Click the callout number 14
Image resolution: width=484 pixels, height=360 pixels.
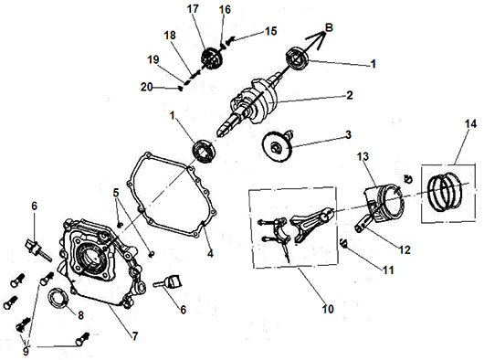click(x=470, y=124)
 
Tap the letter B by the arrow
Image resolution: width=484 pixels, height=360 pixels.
click(x=330, y=27)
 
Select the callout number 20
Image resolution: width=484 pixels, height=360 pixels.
click(x=147, y=88)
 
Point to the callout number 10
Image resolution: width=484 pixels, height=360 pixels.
click(x=328, y=309)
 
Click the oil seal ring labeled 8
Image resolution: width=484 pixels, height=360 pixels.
click(x=58, y=298)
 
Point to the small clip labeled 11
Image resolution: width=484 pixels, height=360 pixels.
click(x=343, y=243)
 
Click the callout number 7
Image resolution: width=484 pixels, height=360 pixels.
click(x=135, y=336)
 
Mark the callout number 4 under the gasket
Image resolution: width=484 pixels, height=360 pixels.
click(x=210, y=253)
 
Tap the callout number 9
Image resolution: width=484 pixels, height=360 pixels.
click(x=26, y=351)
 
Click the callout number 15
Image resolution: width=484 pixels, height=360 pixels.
click(x=271, y=31)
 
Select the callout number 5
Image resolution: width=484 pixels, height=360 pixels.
click(x=116, y=193)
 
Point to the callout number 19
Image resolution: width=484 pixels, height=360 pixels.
click(x=153, y=59)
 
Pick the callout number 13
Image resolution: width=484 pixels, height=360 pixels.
click(x=363, y=156)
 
